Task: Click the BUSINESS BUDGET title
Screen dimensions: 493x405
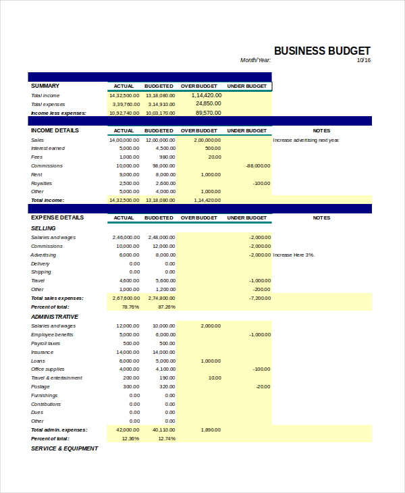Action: (x=322, y=51)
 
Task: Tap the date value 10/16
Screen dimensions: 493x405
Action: (x=364, y=60)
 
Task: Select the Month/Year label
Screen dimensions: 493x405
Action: (x=255, y=60)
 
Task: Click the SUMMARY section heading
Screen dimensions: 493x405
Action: (x=45, y=86)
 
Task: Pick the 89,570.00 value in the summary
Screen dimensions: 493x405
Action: (x=209, y=113)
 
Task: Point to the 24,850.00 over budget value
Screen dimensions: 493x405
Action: (x=209, y=103)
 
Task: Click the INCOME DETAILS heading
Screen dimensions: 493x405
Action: (x=55, y=130)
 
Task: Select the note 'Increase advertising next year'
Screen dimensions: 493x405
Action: (x=306, y=140)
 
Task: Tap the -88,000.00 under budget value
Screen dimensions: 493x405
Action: (x=258, y=165)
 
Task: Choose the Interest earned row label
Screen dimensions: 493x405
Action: (x=48, y=148)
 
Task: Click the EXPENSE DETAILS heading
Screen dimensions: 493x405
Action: (x=57, y=217)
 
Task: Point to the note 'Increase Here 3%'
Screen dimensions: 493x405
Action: (x=294, y=255)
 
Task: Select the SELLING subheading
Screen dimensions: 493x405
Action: (x=43, y=228)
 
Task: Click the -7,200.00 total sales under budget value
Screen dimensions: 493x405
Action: (x=259, y=298)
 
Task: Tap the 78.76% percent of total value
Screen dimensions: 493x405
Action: (x=130, y=307)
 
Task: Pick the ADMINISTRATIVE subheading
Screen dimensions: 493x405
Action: (x=55, y=317)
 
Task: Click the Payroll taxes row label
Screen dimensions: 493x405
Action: (x=47, y=343)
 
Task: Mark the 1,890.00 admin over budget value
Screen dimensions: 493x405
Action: (x=211, y=430)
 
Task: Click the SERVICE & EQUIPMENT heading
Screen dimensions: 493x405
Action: (x=64, y=448)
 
